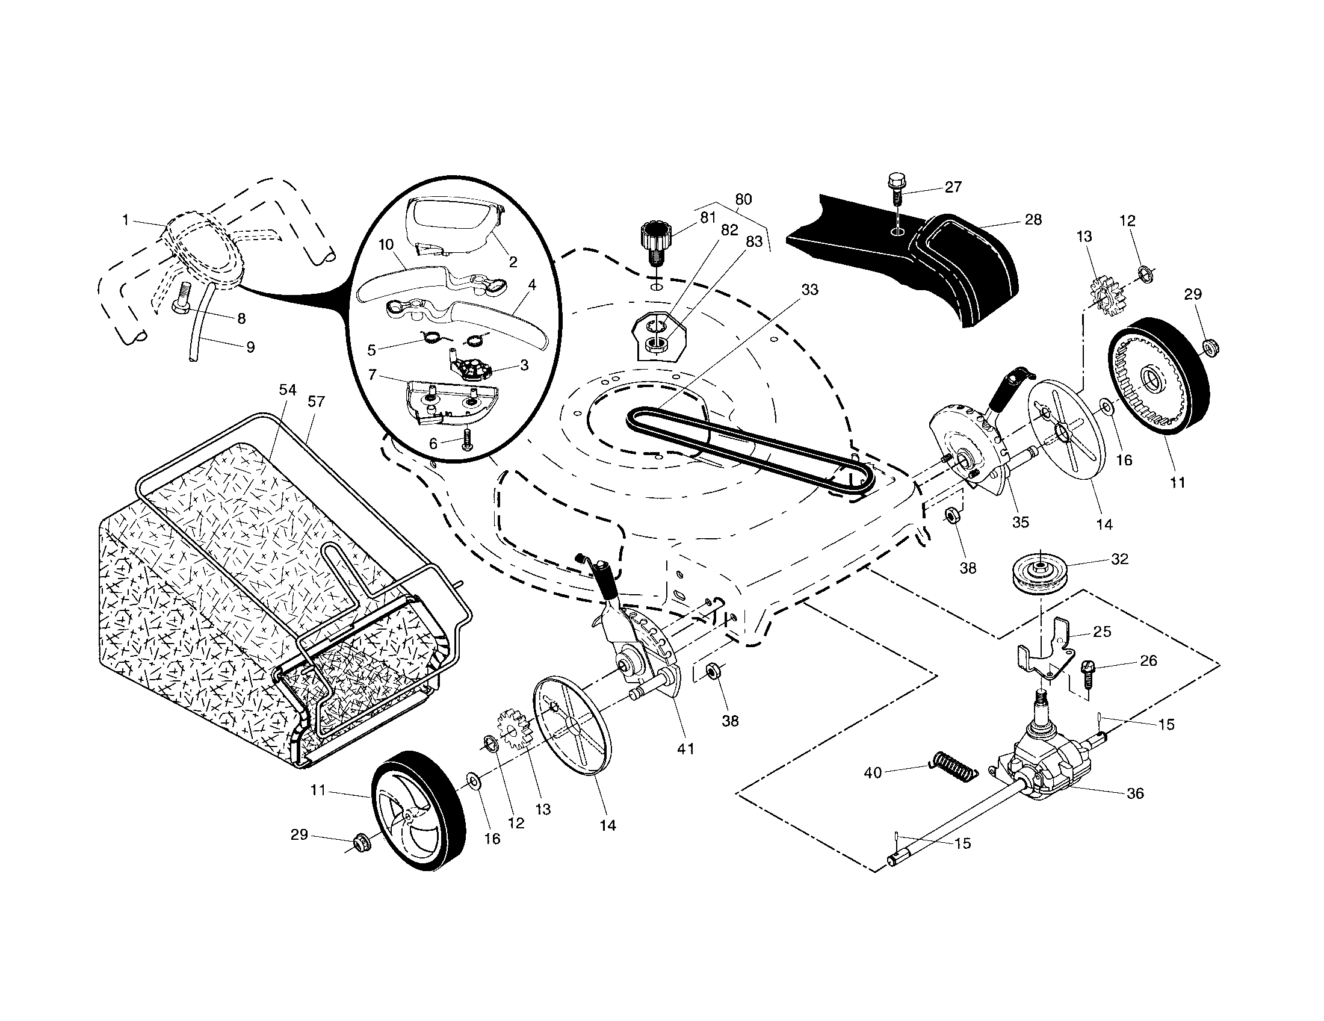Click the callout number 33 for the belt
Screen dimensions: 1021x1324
(809, 290)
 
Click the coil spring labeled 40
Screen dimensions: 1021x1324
(954, 768)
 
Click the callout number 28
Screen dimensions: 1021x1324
(1032, 220)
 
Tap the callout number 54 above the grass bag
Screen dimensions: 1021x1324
(287, 391)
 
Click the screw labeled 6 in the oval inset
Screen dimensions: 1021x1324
(466, 439)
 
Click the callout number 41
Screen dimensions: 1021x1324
(685, 749)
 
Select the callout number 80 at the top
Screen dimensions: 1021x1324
(743, 199)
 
